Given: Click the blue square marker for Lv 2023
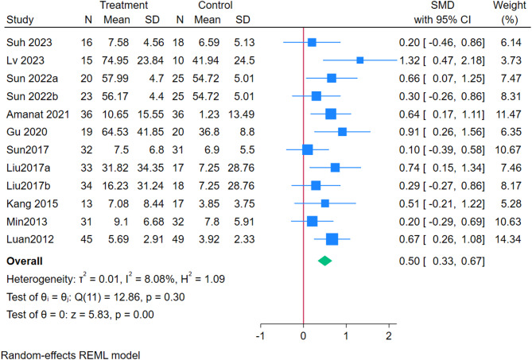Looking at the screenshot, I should coord(360,60).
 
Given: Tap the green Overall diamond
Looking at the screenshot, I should coord(325,260).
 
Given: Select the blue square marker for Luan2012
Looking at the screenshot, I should coord(332,238).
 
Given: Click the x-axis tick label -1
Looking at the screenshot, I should coord(259,337).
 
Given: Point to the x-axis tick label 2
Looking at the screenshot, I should coord(390,337).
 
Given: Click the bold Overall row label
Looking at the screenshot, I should coord(25,260).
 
